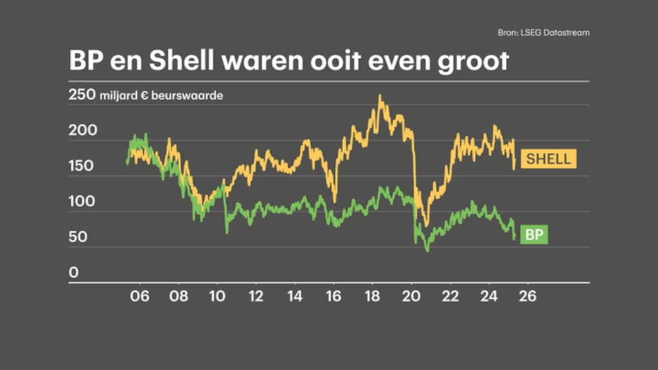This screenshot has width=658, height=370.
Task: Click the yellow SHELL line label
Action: pyautogui.click(x=548, y=158)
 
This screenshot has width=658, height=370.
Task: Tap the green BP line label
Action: pyautogui.click(x=533, y=234)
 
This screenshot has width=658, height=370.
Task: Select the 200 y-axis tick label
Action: pyautogui.click(x=82, y=131)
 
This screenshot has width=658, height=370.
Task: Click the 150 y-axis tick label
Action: pyautogui.click(x=82, y=166)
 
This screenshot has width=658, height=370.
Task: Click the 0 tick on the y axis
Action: pyautogui.click(x=73, y=273)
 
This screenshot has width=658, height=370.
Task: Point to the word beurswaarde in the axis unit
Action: pyautogui.click(x=195, y=96)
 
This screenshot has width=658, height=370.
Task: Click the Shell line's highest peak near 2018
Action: pyautogui.click(x=380, y=96)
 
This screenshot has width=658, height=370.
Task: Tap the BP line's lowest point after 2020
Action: pyautogui.click(x=427, y=250)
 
